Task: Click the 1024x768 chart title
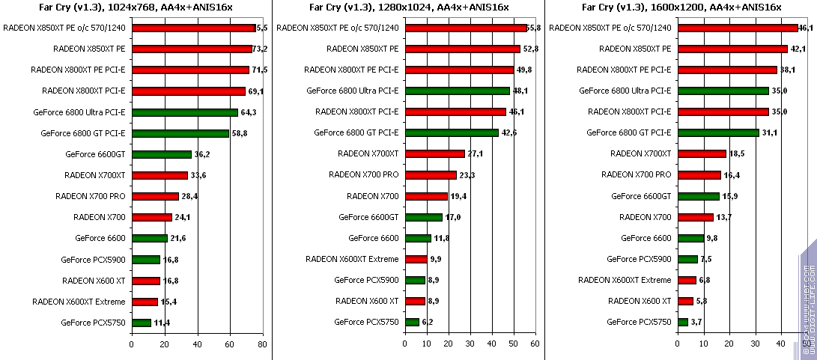(x=135, y=8)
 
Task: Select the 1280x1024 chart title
(x=409, y=8)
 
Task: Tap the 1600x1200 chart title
(x=682, y=8)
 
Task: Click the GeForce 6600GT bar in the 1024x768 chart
(x=161, y=154)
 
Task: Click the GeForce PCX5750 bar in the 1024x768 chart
(x=141, y=323)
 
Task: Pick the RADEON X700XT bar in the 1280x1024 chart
(x=435, y=153)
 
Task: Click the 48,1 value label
(x=520, y=91)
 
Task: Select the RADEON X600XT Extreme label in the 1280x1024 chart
(x=352, y=259)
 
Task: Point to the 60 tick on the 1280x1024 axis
(x=535, y=344)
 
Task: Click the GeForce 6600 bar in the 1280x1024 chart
(x=418, y=238)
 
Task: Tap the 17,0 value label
(x=454, y=217)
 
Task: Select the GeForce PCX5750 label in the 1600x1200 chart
(x=639, y=322)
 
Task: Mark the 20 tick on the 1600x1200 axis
(x=729, y=344)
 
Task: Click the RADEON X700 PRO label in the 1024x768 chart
(x=91, y=196)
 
